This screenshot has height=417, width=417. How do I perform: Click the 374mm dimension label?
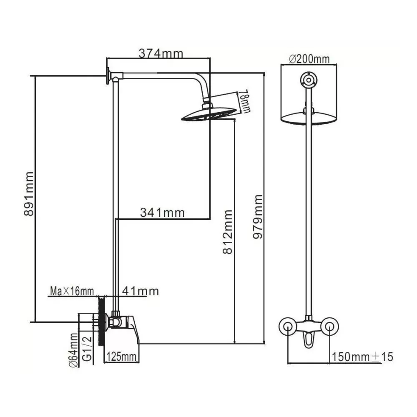tap(161, 54)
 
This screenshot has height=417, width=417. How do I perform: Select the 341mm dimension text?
tap(162, 213)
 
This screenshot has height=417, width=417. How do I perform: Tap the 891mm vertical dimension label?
tap(29, 194)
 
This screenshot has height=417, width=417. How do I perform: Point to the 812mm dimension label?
tap(228, 232)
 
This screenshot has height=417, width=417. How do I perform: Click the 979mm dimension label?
tap(257, 217)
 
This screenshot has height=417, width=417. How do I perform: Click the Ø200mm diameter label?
tap(309, 59)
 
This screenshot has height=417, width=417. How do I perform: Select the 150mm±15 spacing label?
tap(362, 357)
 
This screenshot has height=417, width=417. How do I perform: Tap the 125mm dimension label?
tap(121, 357)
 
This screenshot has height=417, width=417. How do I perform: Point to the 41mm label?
tap(141, 291)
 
